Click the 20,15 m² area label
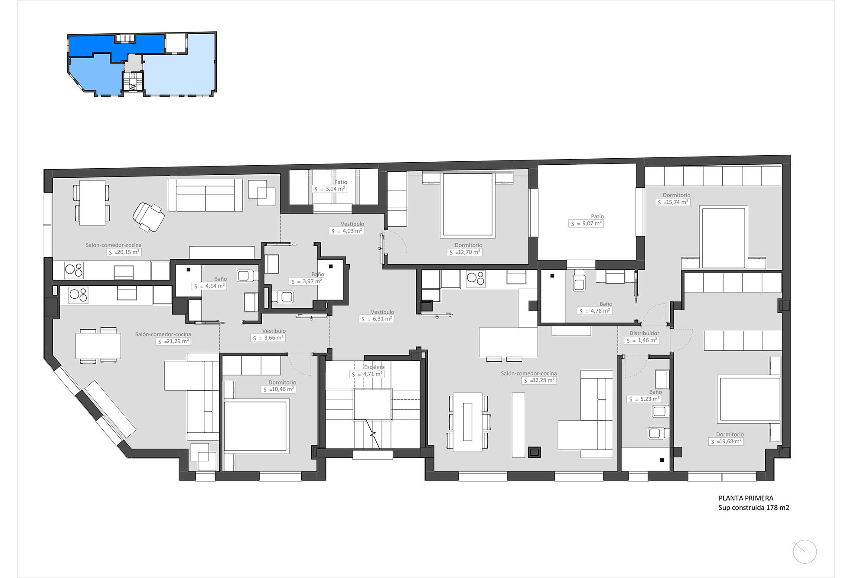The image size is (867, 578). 124,252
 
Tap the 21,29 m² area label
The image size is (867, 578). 173,342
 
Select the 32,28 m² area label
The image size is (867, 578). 539,381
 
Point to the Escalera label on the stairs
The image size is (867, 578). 374,367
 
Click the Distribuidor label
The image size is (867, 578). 644,333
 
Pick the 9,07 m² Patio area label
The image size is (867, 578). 586,224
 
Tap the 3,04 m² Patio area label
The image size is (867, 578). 329,189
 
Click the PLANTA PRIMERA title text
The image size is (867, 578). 746,498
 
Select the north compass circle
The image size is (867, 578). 805,552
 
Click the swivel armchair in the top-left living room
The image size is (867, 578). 148,216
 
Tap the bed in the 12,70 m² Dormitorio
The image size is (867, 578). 468,205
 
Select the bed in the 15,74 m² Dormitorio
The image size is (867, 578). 724,238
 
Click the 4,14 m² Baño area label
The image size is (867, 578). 209,286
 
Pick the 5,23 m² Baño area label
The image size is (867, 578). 644,399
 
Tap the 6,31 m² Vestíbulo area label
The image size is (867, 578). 377,319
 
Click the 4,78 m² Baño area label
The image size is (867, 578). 594,311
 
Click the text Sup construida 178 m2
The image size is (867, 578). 753,508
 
